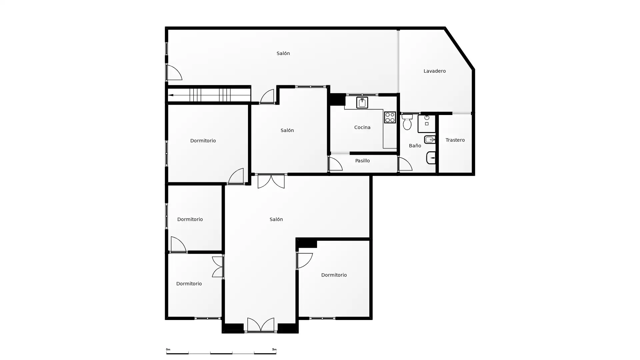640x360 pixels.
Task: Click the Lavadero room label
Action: tap(434, 71)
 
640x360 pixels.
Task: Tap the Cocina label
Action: tap(362, 127)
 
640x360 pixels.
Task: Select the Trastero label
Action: tap(455, 140)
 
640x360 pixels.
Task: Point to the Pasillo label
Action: tap(362, 161)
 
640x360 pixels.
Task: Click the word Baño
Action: tap(415, 146)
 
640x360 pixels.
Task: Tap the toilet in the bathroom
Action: tap(407, 122)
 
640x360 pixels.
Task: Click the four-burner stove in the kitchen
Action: tap(390, 117)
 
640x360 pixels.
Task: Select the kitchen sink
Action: tap(362, 103)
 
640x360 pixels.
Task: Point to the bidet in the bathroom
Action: tap(430, 139)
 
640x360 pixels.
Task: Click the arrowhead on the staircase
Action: tap(170, 95)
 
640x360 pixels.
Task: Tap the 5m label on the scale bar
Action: tap(274, 349)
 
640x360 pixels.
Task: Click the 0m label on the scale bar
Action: tap(168, 349)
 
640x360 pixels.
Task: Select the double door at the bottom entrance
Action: tap(261, 325)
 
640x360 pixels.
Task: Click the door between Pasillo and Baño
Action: tap(405, 164)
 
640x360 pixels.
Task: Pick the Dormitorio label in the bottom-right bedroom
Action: tap(334, 275)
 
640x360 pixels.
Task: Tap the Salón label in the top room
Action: tap(283, 53)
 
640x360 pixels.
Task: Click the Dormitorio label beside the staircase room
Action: tap(203, 141)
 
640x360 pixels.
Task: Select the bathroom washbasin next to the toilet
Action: tap(427, 124)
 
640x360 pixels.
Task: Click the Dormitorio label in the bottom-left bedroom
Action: tap(189, 284)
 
